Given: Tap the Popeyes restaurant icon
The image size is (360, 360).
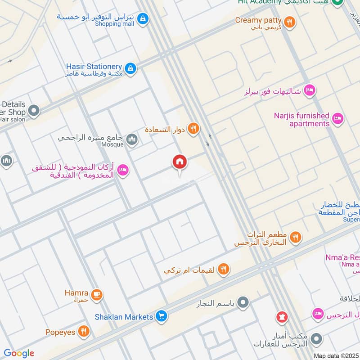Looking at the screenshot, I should tap(83, 332).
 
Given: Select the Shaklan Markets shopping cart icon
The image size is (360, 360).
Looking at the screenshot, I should tap(162, 317).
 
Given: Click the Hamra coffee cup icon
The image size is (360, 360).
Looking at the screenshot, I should tap(96, 295).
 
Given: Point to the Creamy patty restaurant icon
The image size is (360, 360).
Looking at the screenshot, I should tap(290, 22).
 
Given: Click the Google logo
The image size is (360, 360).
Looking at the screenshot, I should tap(18, 353).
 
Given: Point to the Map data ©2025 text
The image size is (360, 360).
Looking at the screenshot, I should tap(336, 355).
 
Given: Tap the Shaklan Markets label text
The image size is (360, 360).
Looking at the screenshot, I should tap(124, 317).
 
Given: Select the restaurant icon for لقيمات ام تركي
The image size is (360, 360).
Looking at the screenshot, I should tap(223, 270).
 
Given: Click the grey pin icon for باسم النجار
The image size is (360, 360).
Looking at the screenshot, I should tap(243, 303).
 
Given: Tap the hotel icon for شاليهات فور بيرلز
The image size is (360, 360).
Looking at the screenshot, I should tap(310, 90).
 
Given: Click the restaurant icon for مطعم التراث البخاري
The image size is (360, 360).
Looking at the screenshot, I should tap(295, 237).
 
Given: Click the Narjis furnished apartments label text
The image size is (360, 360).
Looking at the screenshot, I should tap(301, 120).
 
